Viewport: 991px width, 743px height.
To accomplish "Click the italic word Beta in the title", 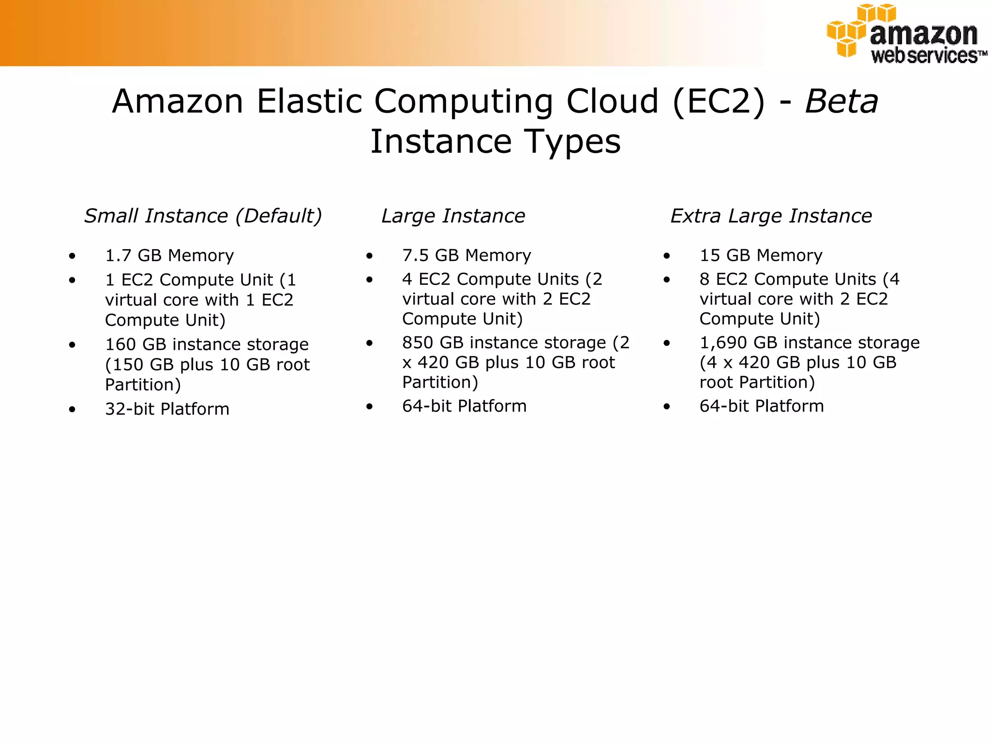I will click(841, 102).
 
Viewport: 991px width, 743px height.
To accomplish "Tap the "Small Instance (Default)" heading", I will click(203, 216).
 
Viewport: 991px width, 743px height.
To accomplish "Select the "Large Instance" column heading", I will click(453, 216).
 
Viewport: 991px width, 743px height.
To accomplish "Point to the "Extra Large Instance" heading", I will click(771, 216).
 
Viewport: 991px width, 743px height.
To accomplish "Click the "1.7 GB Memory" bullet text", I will click(169, 255).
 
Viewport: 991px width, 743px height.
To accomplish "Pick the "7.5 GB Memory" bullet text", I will click(466, 255).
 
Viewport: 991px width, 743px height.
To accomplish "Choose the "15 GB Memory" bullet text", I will click(761, 255).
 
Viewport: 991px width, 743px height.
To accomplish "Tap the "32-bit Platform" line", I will click(167, 409).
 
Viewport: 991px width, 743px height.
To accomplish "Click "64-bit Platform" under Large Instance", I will click(464, 406).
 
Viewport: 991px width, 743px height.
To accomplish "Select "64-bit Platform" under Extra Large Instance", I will click(761, 406).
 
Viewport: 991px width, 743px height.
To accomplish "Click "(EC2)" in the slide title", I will click(719, 102).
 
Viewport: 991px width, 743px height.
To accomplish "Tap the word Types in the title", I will click(573, 142).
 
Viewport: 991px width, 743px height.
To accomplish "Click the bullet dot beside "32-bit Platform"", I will click(72, 410).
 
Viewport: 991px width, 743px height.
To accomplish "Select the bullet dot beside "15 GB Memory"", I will click(667, 256).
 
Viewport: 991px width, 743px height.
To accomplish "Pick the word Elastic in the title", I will click(309, 102).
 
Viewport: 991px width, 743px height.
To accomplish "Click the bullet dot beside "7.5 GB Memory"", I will click(370, 256).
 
